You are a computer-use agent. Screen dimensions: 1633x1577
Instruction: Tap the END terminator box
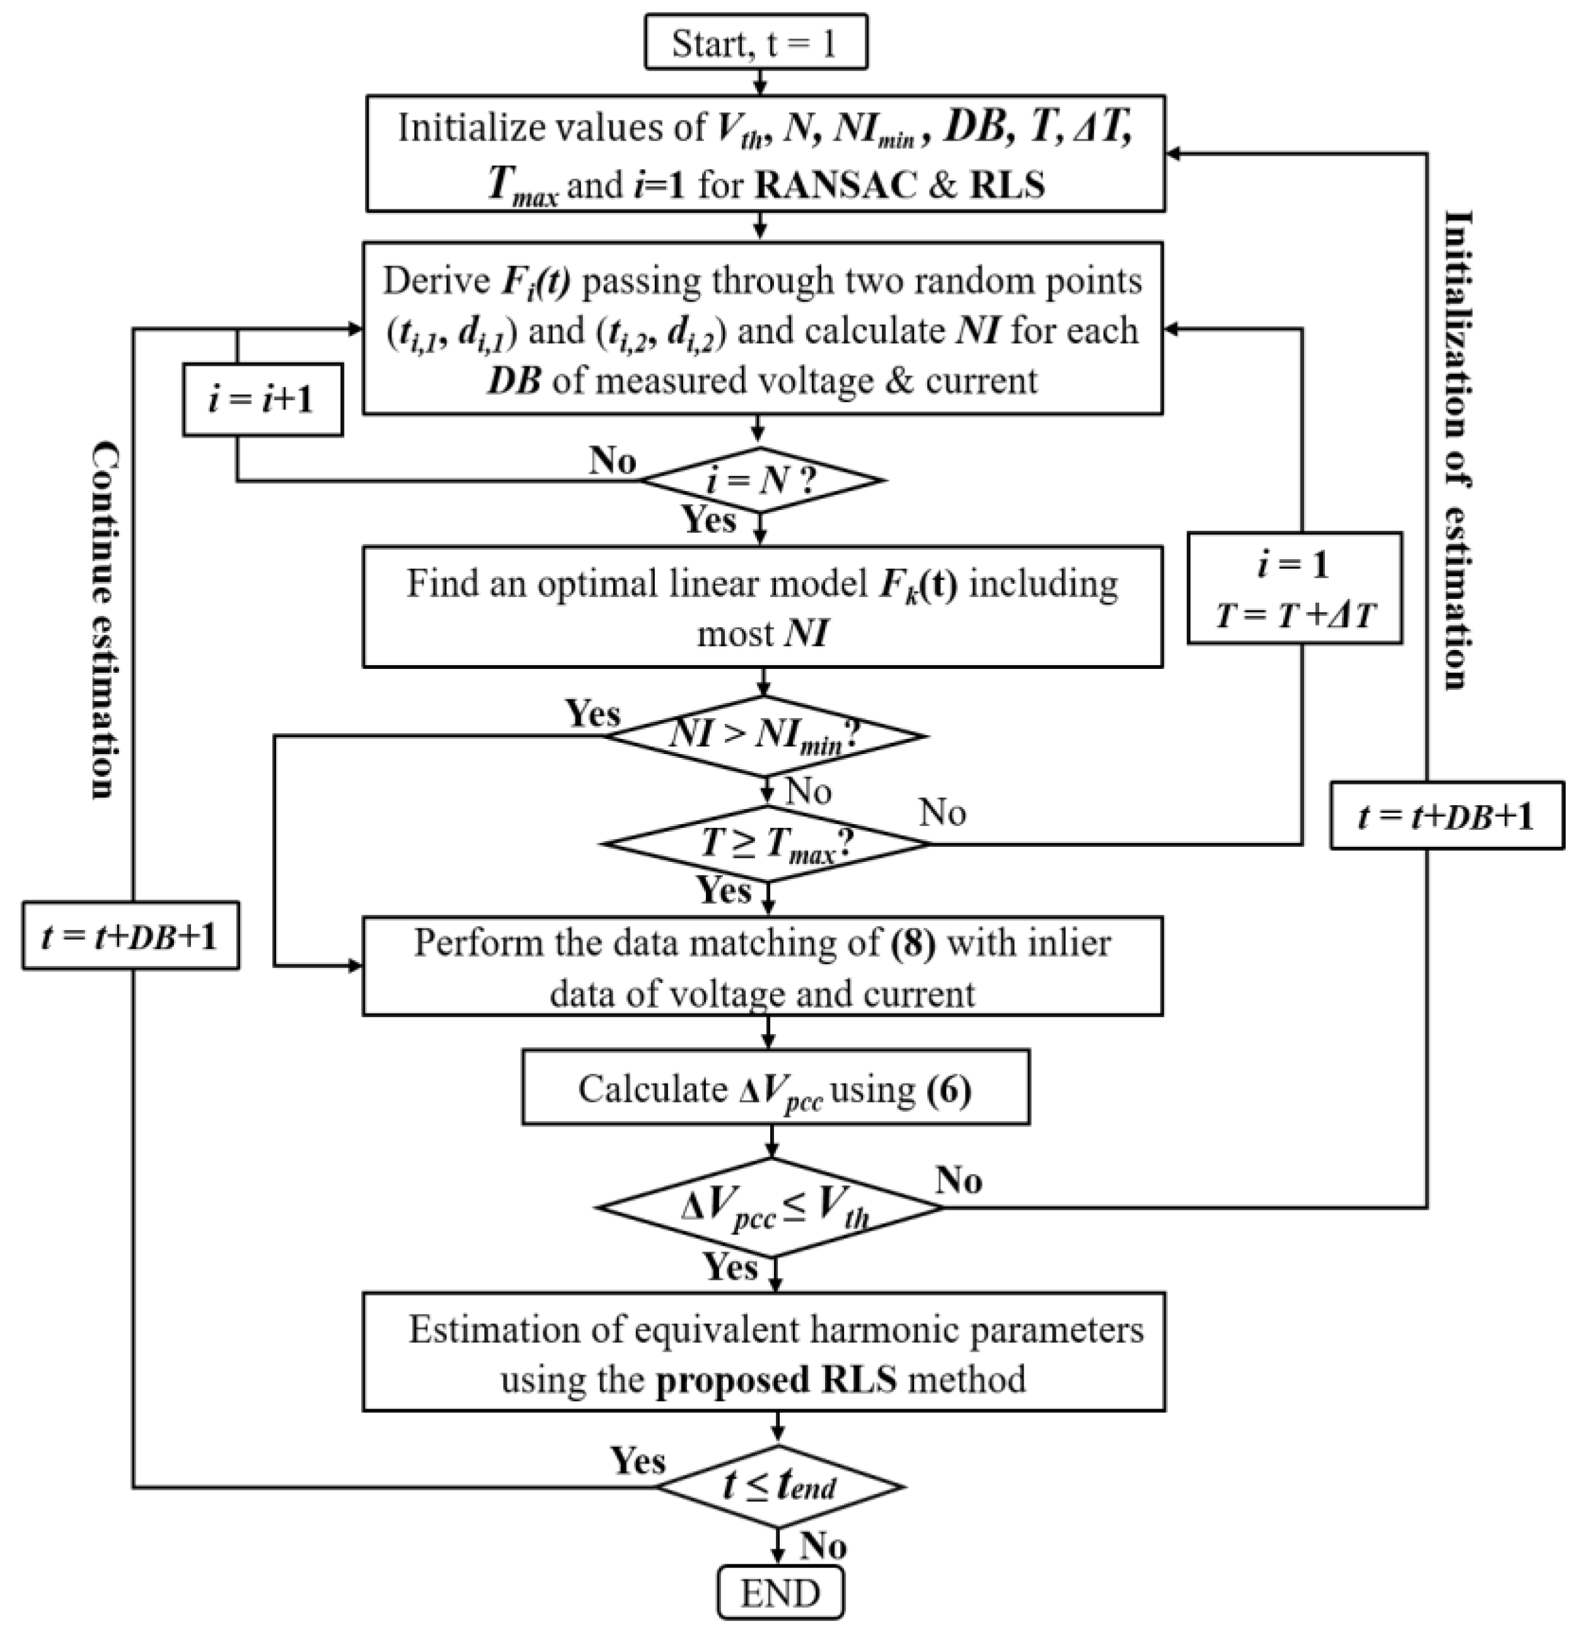click(x=780, y=1592)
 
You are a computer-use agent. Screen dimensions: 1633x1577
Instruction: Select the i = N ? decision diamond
click(x=760, y=480)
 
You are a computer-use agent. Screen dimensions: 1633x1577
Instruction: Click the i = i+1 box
click(x=262, y=400)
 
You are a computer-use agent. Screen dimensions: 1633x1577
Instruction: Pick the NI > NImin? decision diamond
click(x=764, y=736)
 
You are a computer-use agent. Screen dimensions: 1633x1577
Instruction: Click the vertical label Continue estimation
click(x=105, y=620)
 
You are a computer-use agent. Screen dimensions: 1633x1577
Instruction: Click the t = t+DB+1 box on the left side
click(x=130, y=936)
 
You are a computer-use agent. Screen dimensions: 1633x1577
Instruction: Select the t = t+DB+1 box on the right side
click(x=1446, y=816)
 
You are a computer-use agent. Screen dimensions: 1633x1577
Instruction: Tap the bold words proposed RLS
click(x=777, y=1380)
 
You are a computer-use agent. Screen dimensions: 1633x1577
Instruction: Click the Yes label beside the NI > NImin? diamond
click(x=592, y=714)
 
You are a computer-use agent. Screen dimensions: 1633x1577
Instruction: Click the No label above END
click(x=823, y=1547)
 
